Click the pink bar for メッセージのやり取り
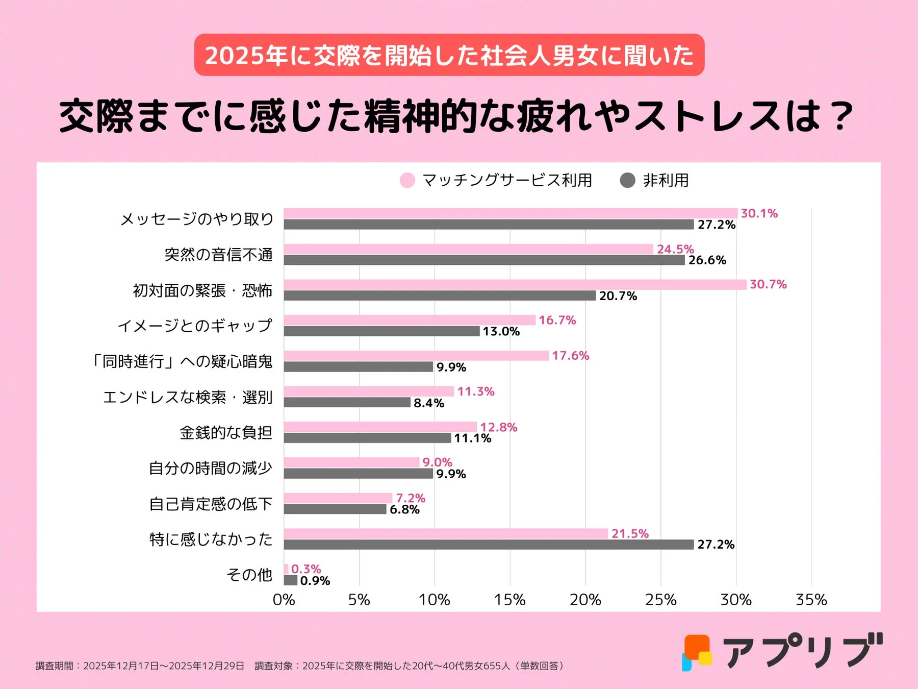(510, 213)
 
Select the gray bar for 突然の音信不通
(484, 260)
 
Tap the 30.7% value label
(768, 284)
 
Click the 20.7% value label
(618, 296)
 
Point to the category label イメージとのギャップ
(195, 326)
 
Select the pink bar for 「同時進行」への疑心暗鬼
(416, 356)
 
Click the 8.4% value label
(429, 403)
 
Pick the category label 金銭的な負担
(226, 433)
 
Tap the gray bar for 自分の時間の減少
(358, 474)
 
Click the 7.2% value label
(411, 498)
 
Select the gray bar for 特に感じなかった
(489, 545)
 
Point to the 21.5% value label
(630, 534)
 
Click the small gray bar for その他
(290, 580)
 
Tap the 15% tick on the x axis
(509, 600)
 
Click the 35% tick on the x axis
(811, 600)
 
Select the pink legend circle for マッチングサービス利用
(407, 180)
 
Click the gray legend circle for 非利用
(627, 180)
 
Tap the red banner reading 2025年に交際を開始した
(449, 55)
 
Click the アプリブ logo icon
(697, 652)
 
